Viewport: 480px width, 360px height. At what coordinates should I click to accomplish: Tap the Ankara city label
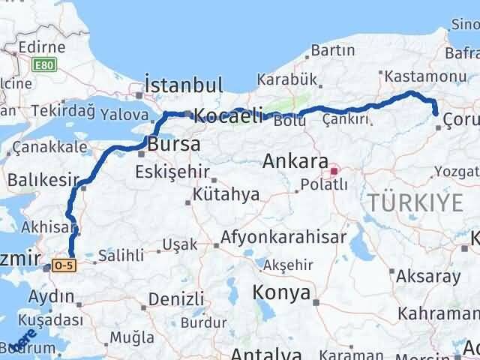[295, 161]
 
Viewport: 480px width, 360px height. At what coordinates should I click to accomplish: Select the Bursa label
[174, 143]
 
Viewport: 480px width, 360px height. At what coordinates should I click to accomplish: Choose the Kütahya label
[226, 195]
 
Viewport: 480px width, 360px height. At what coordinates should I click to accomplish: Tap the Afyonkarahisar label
[283, 238]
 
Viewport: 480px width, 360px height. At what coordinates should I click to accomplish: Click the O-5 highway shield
[64, 267]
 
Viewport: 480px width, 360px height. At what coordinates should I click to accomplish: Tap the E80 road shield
[44, 65]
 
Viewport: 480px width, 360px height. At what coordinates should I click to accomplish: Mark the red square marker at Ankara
[334, 169]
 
